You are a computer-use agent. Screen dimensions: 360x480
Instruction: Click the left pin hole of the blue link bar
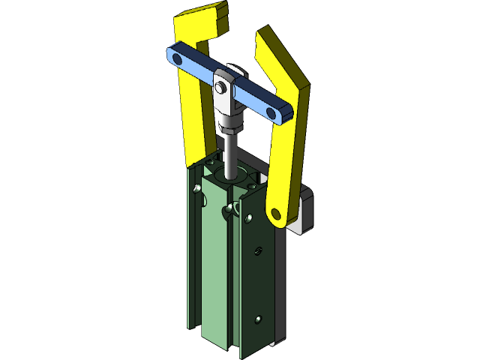point(176,57)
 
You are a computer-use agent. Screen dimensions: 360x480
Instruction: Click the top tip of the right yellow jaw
point(262,34)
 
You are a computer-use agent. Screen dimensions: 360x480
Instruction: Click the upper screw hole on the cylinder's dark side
point(259,250)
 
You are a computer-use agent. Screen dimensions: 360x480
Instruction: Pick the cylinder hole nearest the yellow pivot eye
point(248,218)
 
